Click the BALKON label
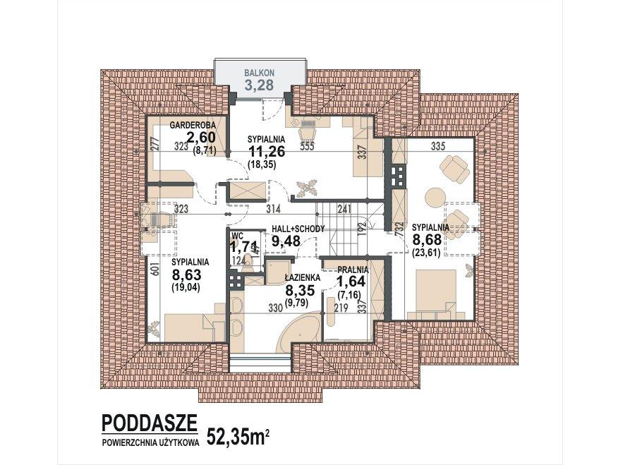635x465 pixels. tap(260, 73)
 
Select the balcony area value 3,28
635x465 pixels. tap(260, 86)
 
